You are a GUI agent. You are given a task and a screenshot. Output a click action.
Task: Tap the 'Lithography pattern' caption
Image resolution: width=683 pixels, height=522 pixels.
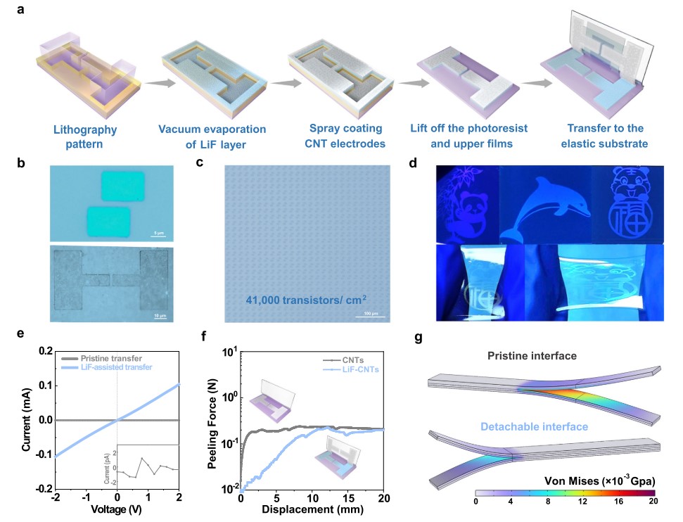pyautogui.click(x=84, y=136)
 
